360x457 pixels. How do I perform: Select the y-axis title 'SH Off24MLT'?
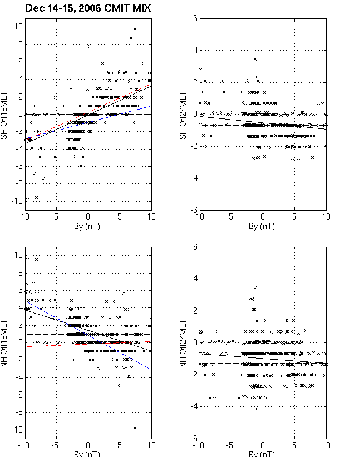click(181, 114)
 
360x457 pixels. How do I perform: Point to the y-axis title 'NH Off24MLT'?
click(181, 343)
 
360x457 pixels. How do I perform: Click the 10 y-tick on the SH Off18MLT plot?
click(17, 27)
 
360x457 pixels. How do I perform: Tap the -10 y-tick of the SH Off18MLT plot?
click(15, 201)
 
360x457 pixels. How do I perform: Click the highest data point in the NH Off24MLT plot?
click(264, 255)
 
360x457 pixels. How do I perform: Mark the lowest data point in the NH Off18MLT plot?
click(135, 428)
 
